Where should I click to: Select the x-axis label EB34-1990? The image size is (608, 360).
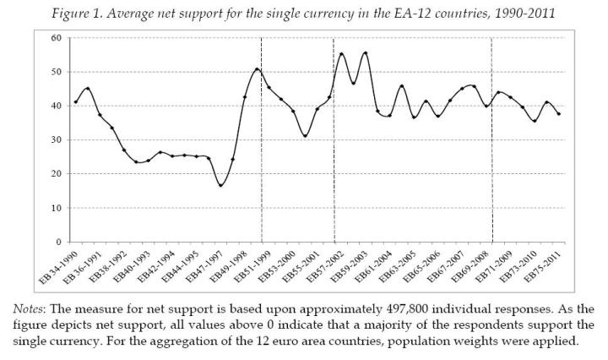62,265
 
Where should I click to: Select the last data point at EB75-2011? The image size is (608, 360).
559,114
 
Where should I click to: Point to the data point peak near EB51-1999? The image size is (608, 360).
257,69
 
